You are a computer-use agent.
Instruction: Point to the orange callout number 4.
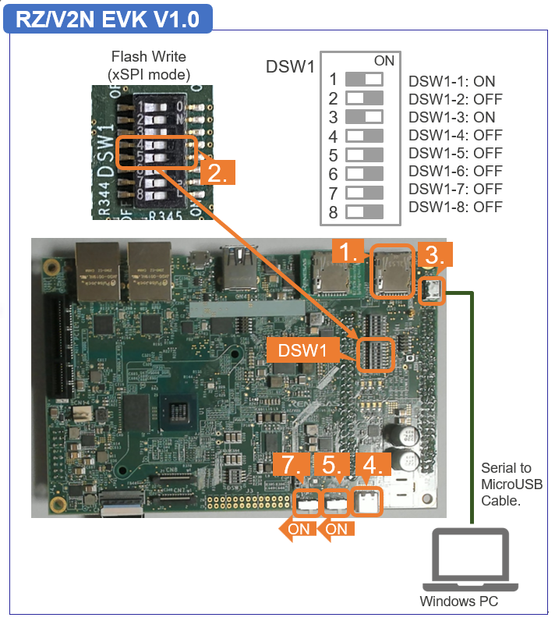point(373,466)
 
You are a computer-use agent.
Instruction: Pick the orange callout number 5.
point(333,466)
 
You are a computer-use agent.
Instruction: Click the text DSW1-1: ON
point(451,81)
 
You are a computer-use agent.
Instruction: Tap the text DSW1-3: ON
point(451,117)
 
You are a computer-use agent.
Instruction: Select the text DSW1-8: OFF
point(455,207)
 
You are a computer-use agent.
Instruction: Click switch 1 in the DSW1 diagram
point(364,80)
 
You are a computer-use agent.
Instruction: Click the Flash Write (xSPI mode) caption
point(148,66)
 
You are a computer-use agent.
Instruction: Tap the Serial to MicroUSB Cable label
point(511,484)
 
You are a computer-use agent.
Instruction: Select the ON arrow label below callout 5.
point(336,529)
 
